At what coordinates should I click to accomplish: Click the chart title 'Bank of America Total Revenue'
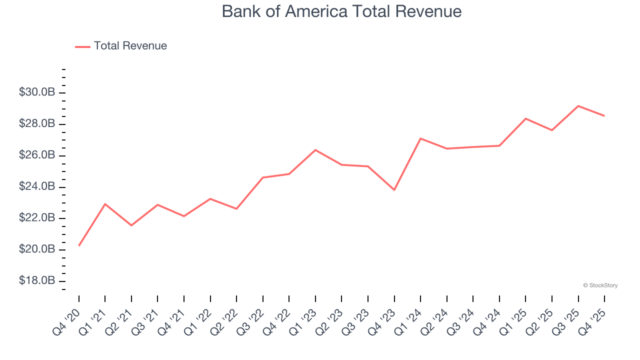click(x=341, y=11)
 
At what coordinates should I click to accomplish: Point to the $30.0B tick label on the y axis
click(x=37, y=92)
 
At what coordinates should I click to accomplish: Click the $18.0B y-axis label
click(x=37, y=281)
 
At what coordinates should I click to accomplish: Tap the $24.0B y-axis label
click(x=37, y=187)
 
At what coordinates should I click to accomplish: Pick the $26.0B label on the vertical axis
click(x=37, y=155)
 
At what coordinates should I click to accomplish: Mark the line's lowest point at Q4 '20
click(x=79, y=245)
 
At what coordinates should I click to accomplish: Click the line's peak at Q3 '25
click(x=578, y=106)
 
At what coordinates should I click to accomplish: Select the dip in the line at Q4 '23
click(x=394, y=190)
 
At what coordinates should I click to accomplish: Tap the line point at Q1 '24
click(x=420, y=138)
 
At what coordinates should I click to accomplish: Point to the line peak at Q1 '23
click(x=315, y=150)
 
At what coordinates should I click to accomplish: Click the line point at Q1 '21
click(x=105, y=204)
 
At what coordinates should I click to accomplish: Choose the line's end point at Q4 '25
click(x=604, y=116)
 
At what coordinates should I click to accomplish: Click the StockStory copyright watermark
click(x=600, y=285)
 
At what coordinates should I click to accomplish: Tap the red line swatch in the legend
click(x=82, y=46)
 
